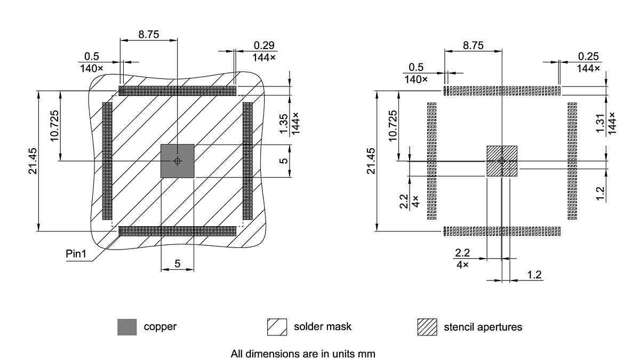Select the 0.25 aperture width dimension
[x=587, y=57]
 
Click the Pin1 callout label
[x=76, y=253]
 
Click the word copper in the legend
[x=160, y=326]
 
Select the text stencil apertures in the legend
[x=483, y=326]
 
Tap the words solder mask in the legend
[x=322, y=326]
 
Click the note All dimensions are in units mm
[x=303, y=353]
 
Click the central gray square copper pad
[x=177, y=161]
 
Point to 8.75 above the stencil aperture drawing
[x=473, y=45]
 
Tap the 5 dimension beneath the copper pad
[x=177, y=263]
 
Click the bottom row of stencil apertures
[x=502, y=231]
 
